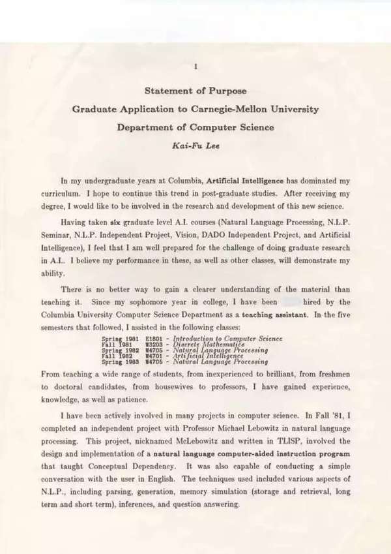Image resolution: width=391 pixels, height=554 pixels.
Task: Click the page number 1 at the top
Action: click(195, 67)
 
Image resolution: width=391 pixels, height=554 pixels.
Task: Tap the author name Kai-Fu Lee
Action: click(195, 144)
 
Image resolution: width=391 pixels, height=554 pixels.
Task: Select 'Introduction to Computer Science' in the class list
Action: click(227, 339)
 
